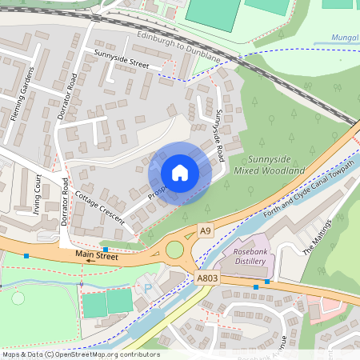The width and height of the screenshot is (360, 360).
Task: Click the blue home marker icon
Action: pyautogui.click(x=180, y=173)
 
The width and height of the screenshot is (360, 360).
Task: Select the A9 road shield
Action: pyautogui.click(x=206, y=230)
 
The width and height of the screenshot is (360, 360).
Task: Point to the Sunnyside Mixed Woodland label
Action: pyautogui.click(x=270, y=166)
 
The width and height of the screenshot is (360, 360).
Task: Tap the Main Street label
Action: pyautogui.click(x=96, y=255)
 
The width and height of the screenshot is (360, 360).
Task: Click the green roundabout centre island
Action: pyautogui.click(x=174, y=250)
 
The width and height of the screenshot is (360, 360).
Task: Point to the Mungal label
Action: pyautogui.click(x=345, y=38)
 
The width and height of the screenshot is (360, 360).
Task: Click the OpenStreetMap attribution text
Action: pyautogui.click(x=80, y=354)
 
